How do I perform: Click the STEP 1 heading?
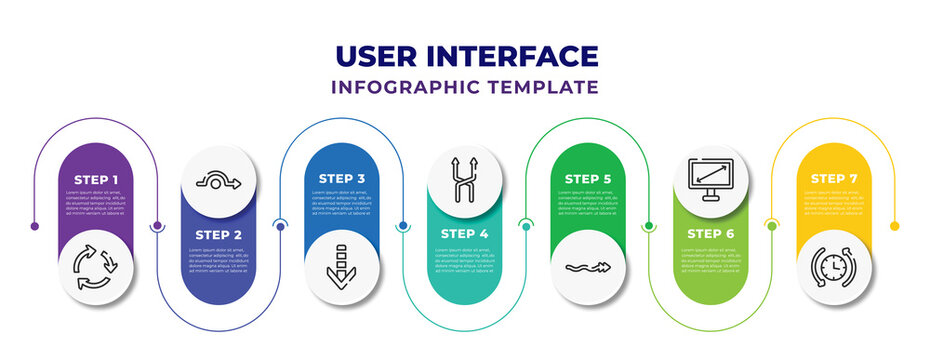[x=96, y=179]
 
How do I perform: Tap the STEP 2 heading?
[x=218, y=235]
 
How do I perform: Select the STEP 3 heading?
[x=342, y=179]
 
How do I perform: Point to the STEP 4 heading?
[x=465, y=235]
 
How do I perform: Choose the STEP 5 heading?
[x=588, y=179]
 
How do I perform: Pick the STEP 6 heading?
[x=711, y=235]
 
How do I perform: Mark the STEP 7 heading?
[x=834, y=179]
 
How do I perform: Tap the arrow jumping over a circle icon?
[x=219, y=182]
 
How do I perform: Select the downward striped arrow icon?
[x=342, y=266]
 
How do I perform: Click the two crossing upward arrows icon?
[x=465, y=181]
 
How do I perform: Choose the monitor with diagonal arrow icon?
[x=711, y=180]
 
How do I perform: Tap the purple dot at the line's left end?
[x=35, y=226]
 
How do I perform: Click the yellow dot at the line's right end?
[x=895, y=226]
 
